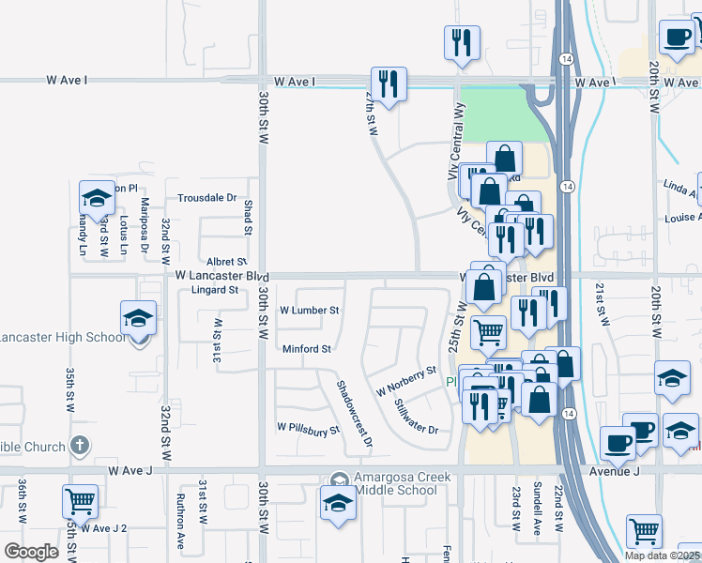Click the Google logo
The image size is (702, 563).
30,552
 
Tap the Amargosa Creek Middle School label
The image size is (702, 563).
402,478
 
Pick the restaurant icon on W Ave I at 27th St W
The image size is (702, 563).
387,83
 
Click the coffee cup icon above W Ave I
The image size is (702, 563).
677,38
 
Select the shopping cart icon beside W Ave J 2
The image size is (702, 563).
80,501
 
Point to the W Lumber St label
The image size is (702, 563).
309,310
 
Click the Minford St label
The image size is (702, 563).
307,349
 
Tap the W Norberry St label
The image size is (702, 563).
406,381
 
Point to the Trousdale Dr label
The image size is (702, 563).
206,198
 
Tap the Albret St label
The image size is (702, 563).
226,262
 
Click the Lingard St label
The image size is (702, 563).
216,290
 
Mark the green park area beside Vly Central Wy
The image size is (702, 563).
495,114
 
